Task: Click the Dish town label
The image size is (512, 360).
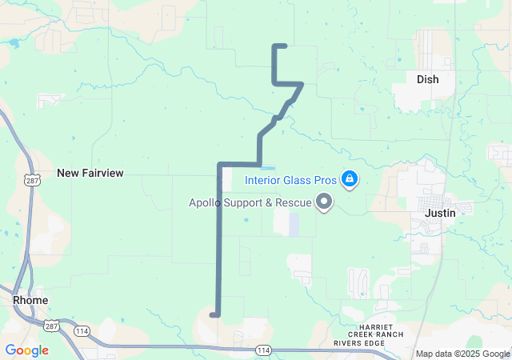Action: [x=427, y=79]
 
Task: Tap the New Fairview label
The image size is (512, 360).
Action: [x=90, y=173]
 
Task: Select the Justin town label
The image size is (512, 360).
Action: [x=440, y=213]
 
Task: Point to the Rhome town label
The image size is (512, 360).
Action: [x=30, y=300]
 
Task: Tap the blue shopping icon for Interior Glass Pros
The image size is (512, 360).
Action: [x=349, y=178]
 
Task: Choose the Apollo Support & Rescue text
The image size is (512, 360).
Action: [x=250, y=202]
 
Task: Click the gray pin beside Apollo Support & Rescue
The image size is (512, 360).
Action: [x=324, y=202]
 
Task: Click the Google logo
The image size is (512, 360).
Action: [x=26, y=350]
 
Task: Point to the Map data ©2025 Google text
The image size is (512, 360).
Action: [x=462, y=354]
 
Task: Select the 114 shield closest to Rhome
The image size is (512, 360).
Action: [x=82, y=330]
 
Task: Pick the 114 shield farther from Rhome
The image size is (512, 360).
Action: [x=263, y=350]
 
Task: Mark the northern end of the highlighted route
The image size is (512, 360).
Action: [x=285, y=46]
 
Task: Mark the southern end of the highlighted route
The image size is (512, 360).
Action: [x=212, y=315]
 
